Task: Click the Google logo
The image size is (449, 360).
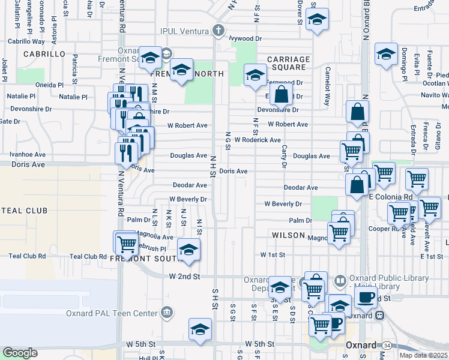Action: click(x=20, y=353)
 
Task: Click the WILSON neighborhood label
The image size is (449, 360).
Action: click(x=288, y=235)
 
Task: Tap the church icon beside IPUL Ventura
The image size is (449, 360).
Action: click(x=219, y=29)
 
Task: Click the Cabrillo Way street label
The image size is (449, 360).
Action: click(x=26, y=41)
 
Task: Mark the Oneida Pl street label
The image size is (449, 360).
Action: click(x=48, y=85)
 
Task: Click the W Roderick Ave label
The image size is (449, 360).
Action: click(x=258, y=140)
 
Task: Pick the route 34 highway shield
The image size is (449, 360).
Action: click(x=388, y=346)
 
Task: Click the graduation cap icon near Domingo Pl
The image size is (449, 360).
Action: click(x=387, y=53)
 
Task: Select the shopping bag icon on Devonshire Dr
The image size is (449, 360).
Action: click(x=280, y=94)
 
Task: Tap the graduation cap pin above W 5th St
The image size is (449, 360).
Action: click(x=200, y=329)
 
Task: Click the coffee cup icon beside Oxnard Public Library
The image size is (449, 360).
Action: click(x=367, y=296)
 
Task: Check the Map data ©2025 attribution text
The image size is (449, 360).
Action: click(x=424, y=355)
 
